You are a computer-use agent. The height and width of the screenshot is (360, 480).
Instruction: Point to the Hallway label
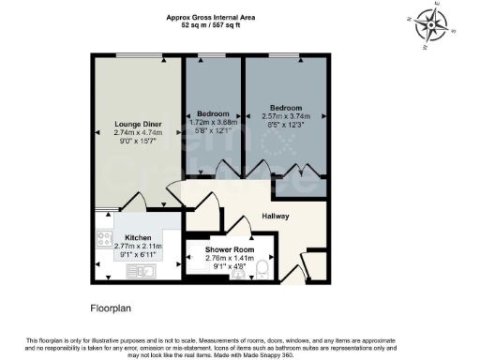click(276, 217)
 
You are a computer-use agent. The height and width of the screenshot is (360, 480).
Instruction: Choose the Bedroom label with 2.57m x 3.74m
click(284, 107)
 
